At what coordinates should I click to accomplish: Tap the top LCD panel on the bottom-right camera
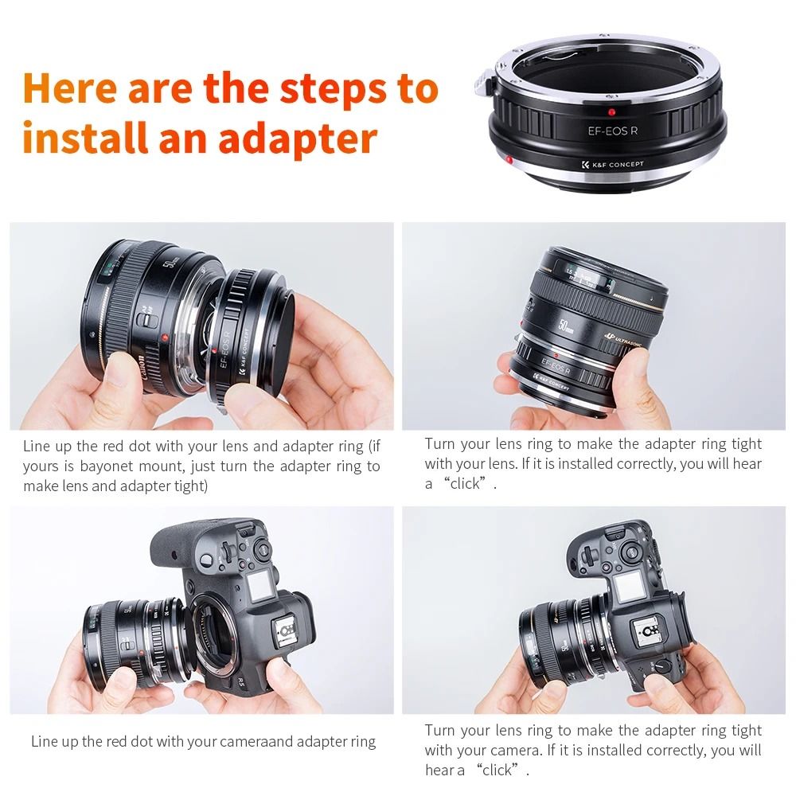pyautogui.click(x=625, y=589)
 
